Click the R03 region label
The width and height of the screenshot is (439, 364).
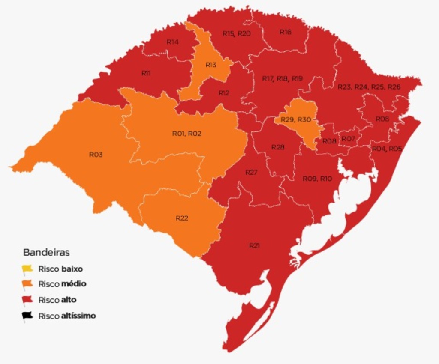[x=96, y=155]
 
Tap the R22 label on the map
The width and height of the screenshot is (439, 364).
[x=182, y=218]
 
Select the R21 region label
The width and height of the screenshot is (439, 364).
[x=254, y=245]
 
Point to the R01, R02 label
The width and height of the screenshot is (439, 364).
[x=186, y=134]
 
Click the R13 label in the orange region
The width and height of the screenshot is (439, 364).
[x=210, y=65]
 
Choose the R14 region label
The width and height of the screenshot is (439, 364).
[x=172, y=42]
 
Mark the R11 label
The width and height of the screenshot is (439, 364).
[x=146, y=73]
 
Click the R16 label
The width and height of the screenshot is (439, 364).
[x=286, y=32]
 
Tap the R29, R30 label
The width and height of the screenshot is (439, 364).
[x=295, y=119]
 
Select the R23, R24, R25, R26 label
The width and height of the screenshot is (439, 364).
[x=369, y=87]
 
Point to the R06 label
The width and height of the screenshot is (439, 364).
[x=382, y=119]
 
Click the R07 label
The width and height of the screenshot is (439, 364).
[x=348, y=138]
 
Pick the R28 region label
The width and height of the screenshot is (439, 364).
[x=278, y=147]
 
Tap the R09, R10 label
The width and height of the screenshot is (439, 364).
[x=317, y=179]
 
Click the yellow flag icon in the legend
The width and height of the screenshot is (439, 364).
[x=27, y=269]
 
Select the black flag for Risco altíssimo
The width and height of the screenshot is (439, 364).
[x=27, y=316]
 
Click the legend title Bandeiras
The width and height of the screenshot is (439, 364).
[x=46, y=252]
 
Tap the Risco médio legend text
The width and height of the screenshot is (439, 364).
[x=62, y=284]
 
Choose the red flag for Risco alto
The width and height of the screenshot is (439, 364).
[x=27, y=300]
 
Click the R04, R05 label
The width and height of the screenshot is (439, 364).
[x=387, y=149]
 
